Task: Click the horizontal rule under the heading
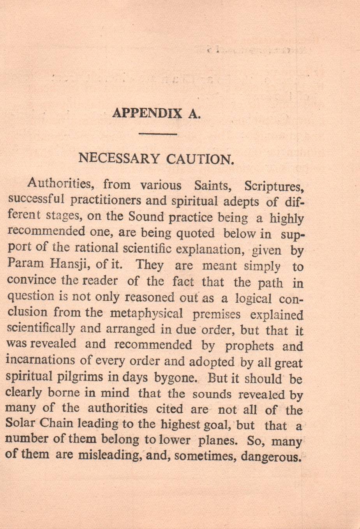click(158, 134)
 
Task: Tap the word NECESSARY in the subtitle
click(119, 159)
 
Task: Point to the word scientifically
click(41, 328)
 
